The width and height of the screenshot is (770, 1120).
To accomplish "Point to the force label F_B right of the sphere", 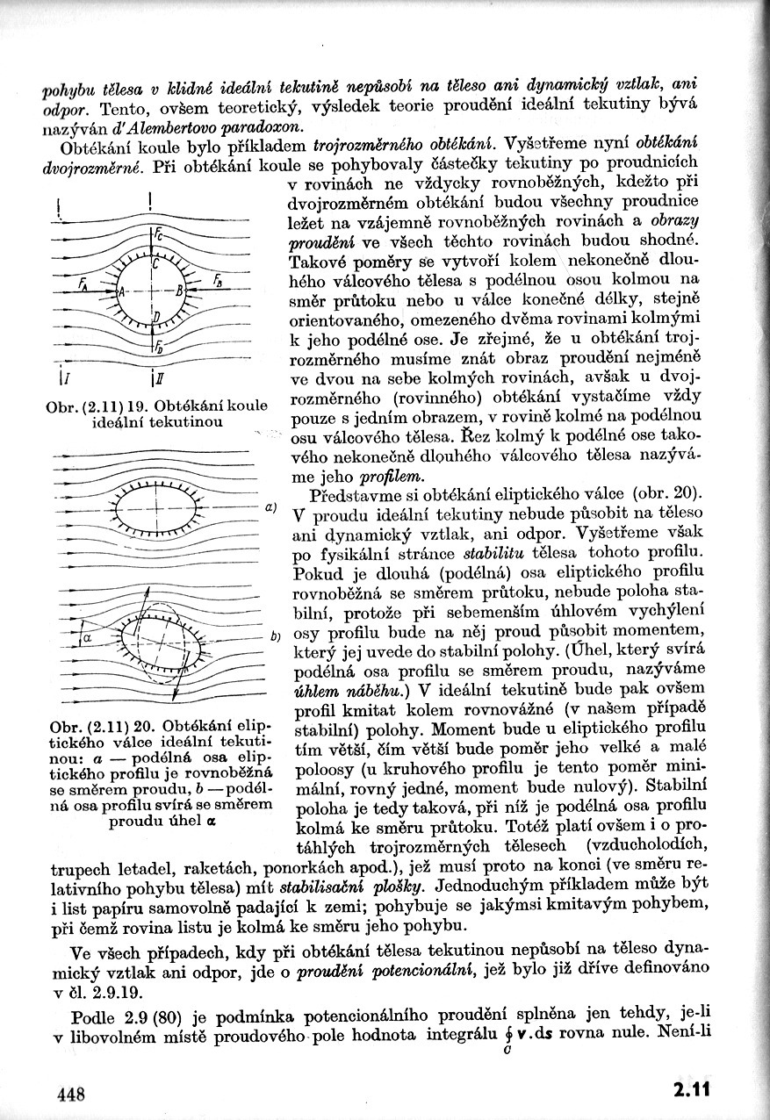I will pyautogui.click(x=217, y=282).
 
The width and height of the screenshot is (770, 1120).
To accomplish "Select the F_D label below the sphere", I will pyautogui.click(x=158, y=347).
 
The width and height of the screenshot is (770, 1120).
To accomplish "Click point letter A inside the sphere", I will pyautogui.click(x=123, y=291).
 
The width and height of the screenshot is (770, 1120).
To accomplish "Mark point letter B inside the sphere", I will pyautogui.click(x=179, y=290).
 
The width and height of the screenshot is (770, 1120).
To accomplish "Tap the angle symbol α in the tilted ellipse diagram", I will pyautogui.click(x=88, y=639).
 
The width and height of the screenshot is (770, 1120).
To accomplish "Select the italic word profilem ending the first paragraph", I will pyautogui.click(x=392, y=477).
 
